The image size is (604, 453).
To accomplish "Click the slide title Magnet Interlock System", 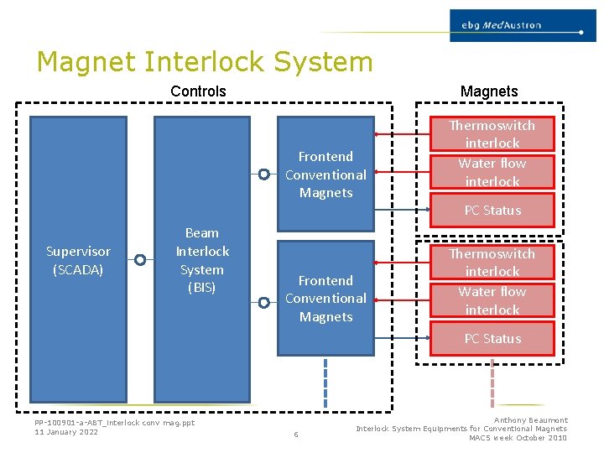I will [x=205, y=62].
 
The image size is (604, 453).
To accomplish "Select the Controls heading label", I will [x=198, y=91].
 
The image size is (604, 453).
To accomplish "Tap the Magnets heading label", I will [x=489, y=91].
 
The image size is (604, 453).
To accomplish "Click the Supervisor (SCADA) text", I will [x=78, y=260].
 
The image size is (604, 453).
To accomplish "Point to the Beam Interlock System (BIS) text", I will [x=201, y=260].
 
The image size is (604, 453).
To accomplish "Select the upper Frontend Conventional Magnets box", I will [x=325, y=174].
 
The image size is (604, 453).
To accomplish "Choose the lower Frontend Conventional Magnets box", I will [x=325, y=299].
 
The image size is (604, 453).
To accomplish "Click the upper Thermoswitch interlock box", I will [x=492, y=134].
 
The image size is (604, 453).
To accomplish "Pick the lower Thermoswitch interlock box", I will [x=492, y=263].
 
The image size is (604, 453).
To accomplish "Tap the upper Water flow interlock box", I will [x=492, y=172].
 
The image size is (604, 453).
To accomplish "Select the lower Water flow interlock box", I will [x=492, y=300].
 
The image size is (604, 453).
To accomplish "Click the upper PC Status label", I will [x=492, y=211].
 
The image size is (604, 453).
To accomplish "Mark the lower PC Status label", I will [x=492, y=339].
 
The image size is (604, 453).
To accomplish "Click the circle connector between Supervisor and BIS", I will [x=140, y=260].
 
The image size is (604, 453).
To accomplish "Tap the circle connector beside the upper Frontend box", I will [x=263, y=174].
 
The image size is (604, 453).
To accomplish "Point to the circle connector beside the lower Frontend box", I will [x=263, y=299].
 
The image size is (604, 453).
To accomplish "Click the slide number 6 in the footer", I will [x=295, y=434].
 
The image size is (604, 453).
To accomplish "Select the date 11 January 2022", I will [x=66, y=432].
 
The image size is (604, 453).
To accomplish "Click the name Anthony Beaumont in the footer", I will [x=530, y=420].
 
